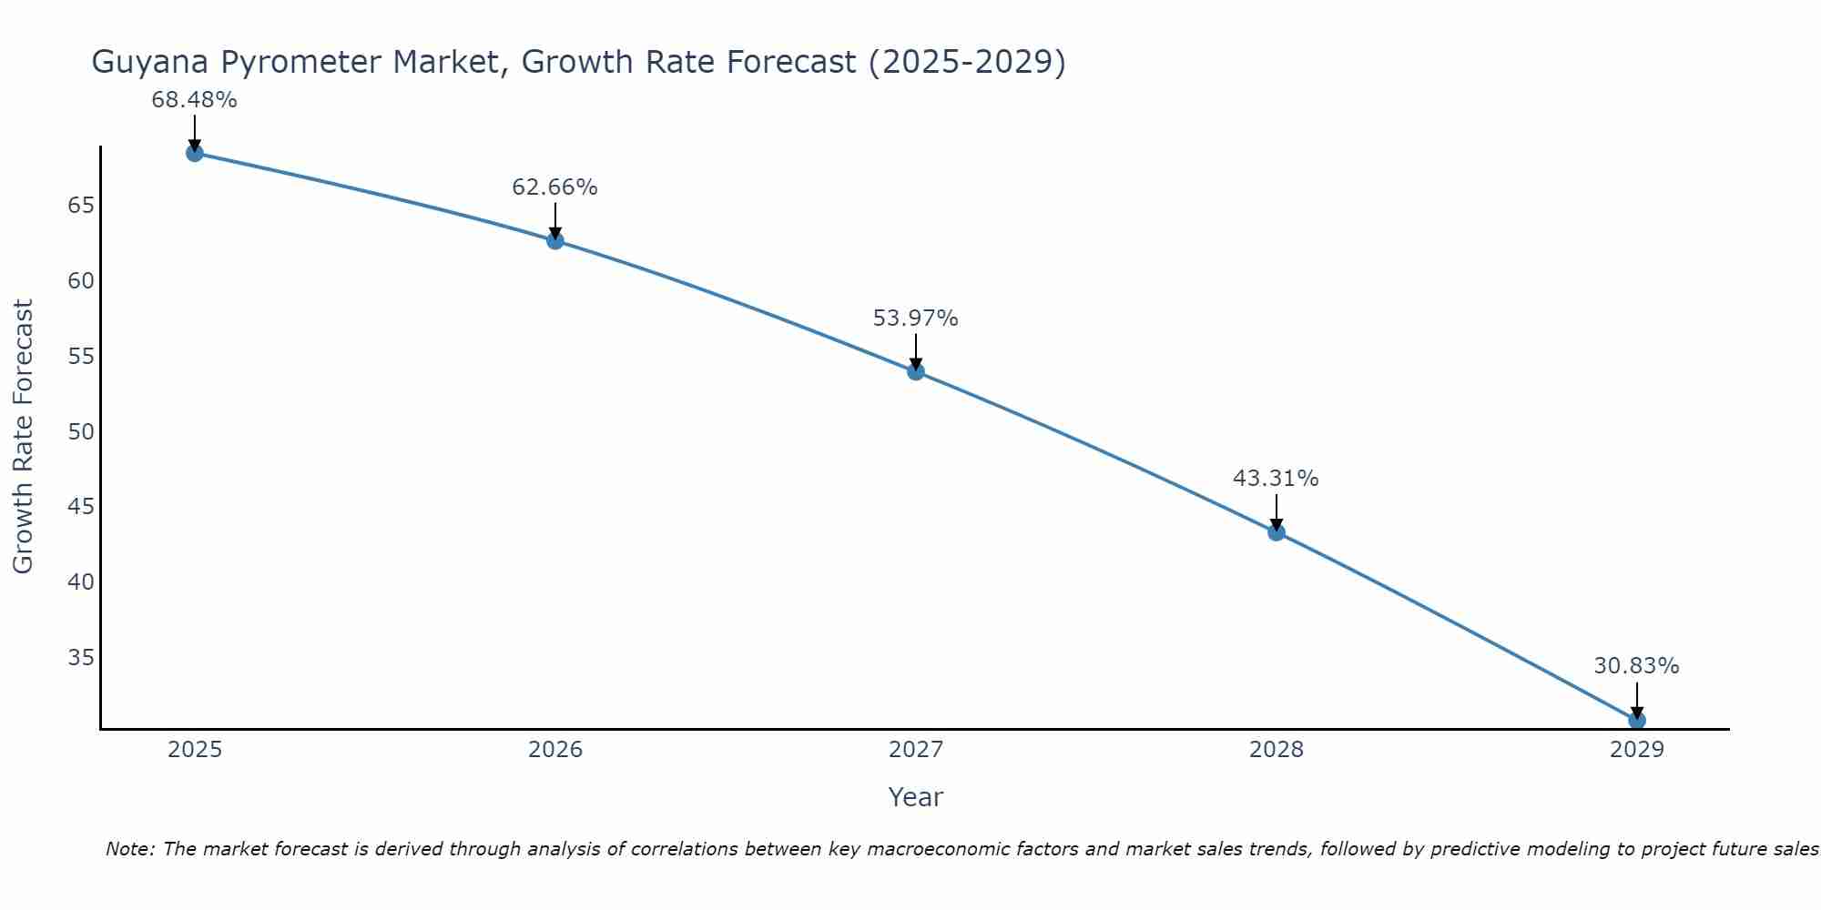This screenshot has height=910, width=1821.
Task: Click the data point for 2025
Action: coord(194,153)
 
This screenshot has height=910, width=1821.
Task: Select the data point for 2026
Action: coord(554,240)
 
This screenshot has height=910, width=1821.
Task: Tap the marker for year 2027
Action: coord(915,371)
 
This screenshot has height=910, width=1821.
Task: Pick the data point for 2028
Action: coord(1276,532)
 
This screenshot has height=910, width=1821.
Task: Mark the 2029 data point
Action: coord(1636,720)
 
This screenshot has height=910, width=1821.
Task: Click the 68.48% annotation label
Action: coord(194,100)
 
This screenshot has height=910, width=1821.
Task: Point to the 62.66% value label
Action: coord(554,187)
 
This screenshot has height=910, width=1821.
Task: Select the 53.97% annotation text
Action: coord(915,318)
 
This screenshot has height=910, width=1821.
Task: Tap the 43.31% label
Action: coord(1276,479)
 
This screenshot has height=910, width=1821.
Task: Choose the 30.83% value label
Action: coord(1636,666)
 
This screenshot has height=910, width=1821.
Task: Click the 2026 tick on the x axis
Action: coord(555,750)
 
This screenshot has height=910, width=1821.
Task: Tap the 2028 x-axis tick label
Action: coord(1276,750)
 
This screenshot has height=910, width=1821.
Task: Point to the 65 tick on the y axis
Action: coord(81,206)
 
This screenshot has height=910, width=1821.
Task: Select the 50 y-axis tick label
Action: coord(81,431)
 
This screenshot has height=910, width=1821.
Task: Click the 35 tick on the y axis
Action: coord(81,657)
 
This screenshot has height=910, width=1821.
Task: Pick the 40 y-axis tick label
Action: coord(81,581)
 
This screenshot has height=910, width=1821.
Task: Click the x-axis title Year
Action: coord(915,797)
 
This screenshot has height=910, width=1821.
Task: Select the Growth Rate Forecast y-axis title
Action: coord(24,437)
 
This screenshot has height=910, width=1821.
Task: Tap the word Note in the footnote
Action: coord(130,849)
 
